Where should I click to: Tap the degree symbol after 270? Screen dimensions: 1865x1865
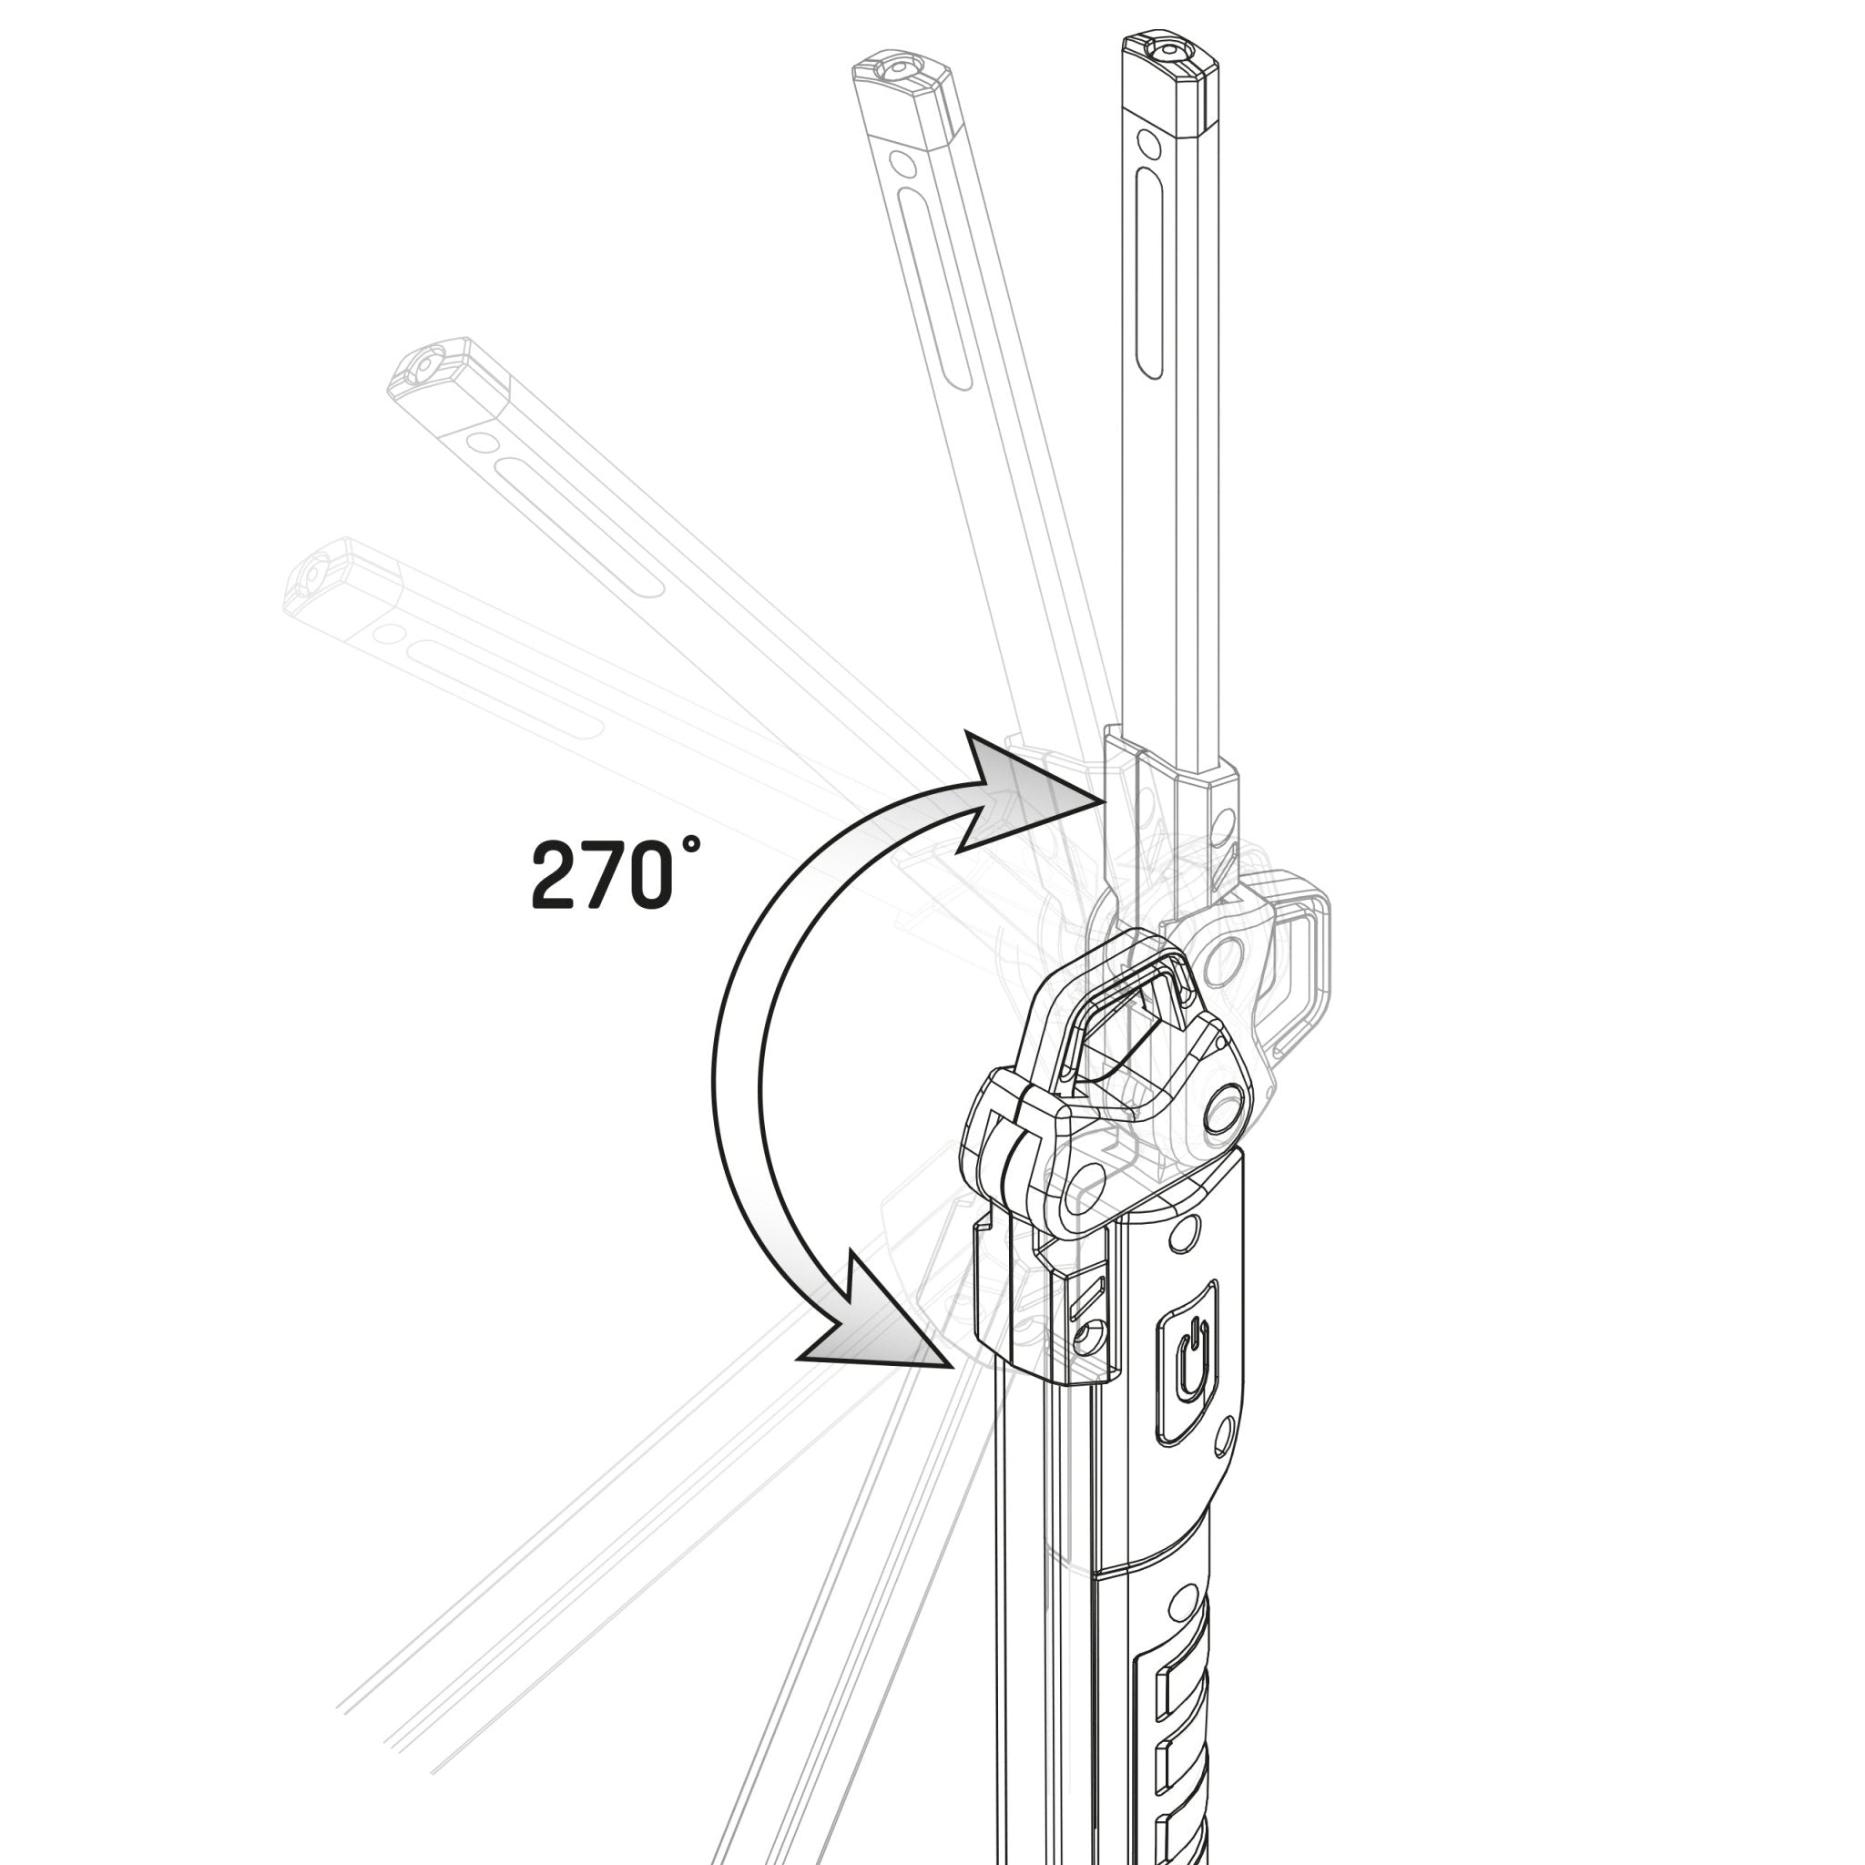(689, 845)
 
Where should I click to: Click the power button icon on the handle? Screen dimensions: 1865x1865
(1193, 1360)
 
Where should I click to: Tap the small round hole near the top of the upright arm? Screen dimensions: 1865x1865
(1147, 143)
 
